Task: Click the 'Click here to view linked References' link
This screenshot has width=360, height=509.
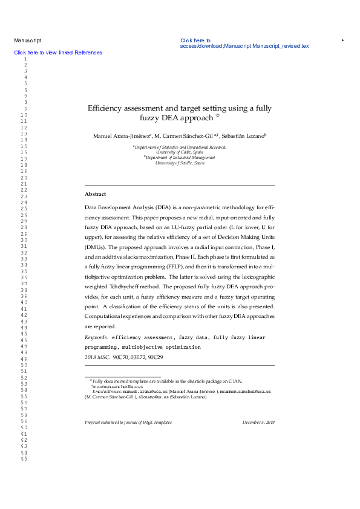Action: point(58,53)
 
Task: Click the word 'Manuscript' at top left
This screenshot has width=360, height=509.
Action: point(27,41)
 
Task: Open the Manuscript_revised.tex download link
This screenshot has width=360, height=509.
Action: point(244,46)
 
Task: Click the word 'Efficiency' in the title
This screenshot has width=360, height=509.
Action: point(106,108)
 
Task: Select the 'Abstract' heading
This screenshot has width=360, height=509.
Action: point(95,194)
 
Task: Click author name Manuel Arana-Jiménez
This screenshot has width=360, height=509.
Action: point(121,135)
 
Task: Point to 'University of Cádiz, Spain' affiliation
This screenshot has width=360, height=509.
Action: point(180,152)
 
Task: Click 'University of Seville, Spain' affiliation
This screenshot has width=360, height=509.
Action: point(180,163)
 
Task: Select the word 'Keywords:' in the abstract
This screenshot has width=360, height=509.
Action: point(96,337)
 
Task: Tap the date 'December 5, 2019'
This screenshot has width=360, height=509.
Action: point(258,422)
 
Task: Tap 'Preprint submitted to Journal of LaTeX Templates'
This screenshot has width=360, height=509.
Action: point(128,422)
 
